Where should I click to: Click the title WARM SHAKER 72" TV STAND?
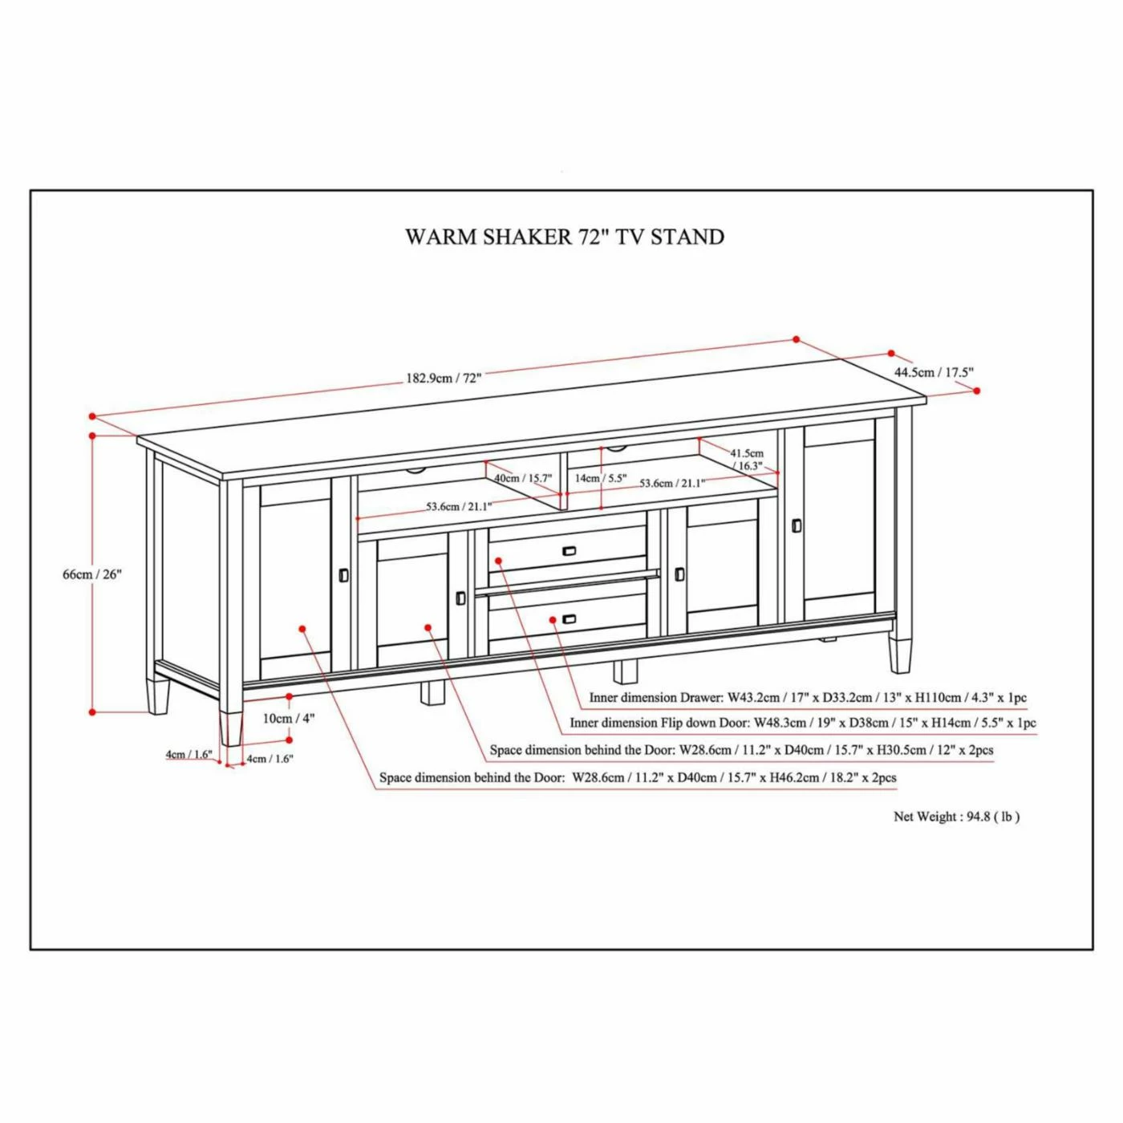coord(565,237)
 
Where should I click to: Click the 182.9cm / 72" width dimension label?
coord(444,378)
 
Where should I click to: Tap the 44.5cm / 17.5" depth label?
coord(934,372)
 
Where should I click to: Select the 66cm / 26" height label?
coord(92,574)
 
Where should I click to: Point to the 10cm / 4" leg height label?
coord(289,719)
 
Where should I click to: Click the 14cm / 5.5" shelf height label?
coord(601,478)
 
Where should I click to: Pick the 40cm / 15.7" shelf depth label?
coord(523,478)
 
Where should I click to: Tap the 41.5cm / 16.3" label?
coord(747,460)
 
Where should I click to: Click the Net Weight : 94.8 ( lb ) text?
coord(956,817)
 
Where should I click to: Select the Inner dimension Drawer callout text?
coord(808,698)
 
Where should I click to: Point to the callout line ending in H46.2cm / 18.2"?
coord(638,778)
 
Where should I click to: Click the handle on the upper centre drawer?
coord(570,551)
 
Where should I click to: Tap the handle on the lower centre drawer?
coord(570,619)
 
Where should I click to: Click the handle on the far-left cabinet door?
coord(344,575)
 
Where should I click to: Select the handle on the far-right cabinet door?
coord(797,525)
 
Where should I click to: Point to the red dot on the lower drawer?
coord(553,619)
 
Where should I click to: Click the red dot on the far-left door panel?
coord(302,629)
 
